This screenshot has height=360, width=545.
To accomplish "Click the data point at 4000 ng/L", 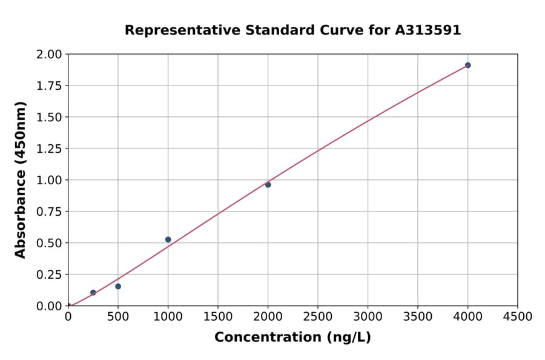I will (x=467, y=65).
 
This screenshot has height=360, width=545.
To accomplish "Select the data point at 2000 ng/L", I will (x=268, y=184).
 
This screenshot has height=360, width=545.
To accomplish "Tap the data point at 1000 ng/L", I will (x=168, y=239).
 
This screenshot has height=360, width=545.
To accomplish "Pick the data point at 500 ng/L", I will (x=118, y=286).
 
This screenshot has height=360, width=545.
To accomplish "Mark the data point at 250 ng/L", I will (x=93, y=292).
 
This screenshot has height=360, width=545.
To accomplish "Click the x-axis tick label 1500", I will (x=218, y=317).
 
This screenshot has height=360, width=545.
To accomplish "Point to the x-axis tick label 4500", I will (x=518, y=317).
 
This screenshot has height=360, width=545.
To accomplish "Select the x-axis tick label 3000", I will (x=368, y=317).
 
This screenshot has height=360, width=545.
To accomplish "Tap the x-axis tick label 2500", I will (x=318, y=317).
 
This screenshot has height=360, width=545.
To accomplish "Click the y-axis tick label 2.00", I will (x=50, y=55).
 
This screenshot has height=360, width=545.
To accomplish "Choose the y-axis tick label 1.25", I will (x=50, y=148).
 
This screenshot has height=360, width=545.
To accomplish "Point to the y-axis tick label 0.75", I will (x=50, y=212).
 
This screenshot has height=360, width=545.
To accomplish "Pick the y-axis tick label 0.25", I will (x=50, y=275).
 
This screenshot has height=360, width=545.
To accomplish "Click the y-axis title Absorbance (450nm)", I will (x=21, y=180).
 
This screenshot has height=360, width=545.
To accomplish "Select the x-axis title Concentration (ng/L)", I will (x=292, y=338).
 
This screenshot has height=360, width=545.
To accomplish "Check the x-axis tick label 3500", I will (x=418, y=317).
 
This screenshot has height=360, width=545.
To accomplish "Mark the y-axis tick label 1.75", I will (x=50, y=85).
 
